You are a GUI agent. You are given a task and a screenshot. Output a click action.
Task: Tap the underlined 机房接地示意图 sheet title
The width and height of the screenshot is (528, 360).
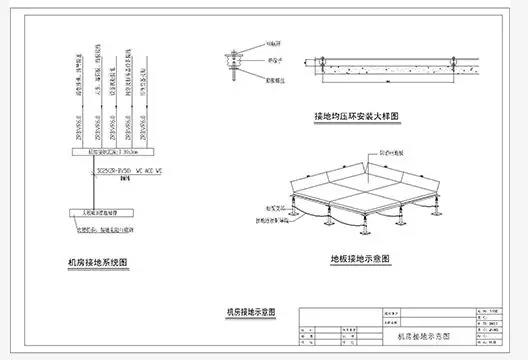(250, 313)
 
